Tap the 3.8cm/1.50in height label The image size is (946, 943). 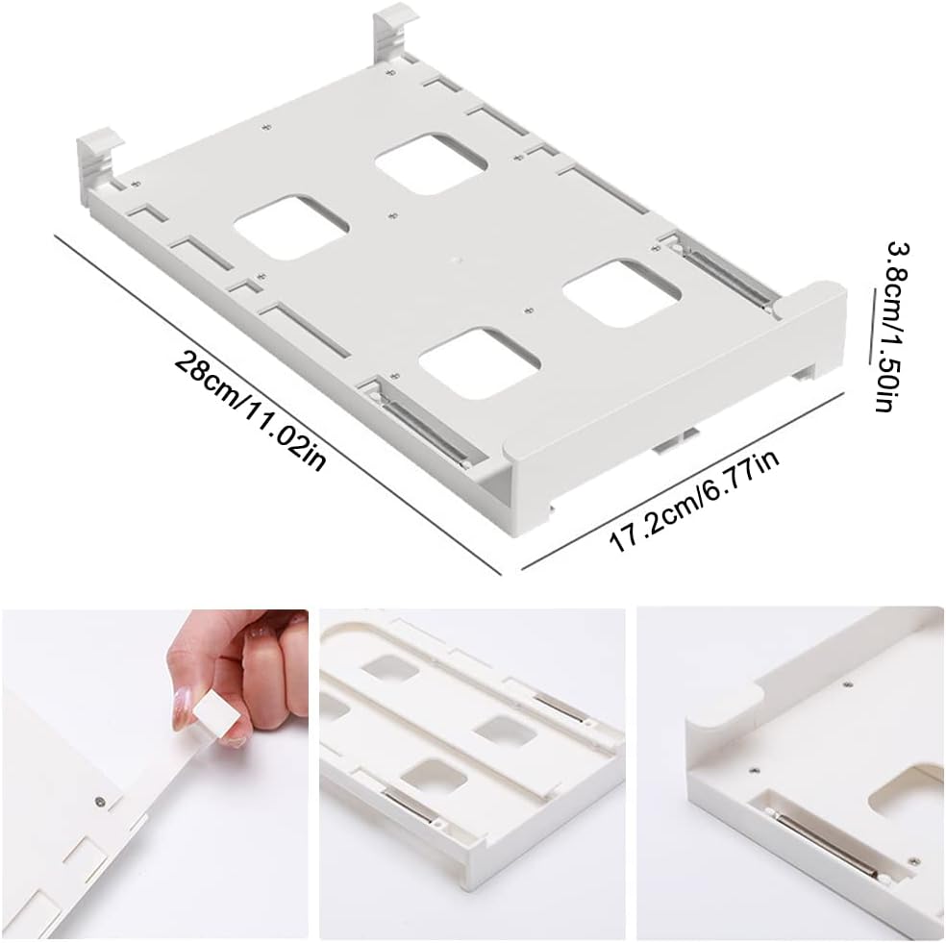click(889, 326)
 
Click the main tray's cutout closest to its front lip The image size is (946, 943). click(478, 363)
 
